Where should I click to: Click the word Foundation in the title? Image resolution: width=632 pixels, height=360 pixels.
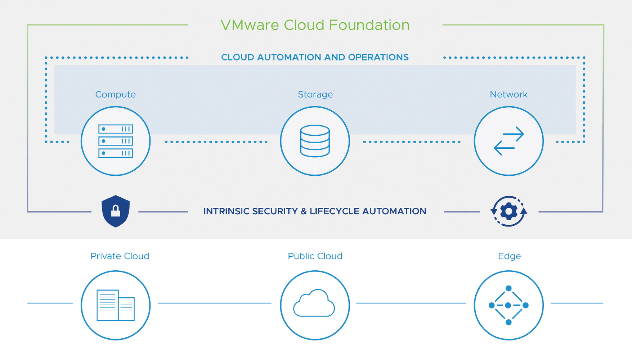point(369,25)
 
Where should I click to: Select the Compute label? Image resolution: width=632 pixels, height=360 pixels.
point(115,94)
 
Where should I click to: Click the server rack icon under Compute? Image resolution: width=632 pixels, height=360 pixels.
point(116,141)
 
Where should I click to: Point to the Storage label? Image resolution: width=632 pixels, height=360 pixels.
point(315,94)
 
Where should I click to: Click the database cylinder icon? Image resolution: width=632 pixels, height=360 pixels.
point(315,141)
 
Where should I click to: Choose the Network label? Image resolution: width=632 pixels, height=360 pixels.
point(508,94)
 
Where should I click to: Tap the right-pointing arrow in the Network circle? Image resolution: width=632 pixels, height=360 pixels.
point(514,134)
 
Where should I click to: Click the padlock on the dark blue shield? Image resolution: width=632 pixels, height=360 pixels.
point(116,211)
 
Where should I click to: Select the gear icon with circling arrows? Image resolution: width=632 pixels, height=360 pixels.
point(508,211)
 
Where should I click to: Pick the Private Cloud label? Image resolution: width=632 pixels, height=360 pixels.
point(120,256)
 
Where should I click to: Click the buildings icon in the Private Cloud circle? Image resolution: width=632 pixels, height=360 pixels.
point(116,305)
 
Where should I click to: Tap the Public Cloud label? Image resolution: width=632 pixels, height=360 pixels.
point(315,256)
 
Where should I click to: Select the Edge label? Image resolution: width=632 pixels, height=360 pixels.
point(509,256)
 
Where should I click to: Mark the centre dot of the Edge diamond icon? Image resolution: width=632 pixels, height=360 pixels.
point(508,305)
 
